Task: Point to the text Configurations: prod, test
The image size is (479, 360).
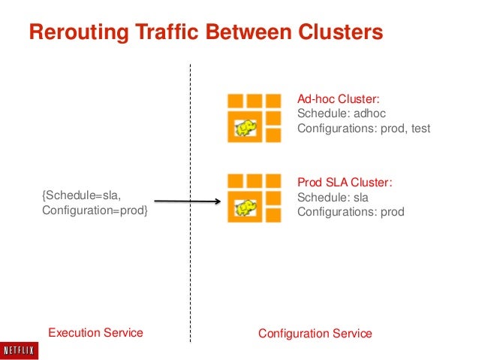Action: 364,129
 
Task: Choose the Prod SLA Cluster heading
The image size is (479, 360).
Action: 345,183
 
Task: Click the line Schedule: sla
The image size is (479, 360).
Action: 333,197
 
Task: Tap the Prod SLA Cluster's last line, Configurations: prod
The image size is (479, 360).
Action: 351,212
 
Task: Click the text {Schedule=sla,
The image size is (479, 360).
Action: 80,195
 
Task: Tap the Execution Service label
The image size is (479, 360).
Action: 95,332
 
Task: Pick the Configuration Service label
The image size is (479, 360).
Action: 315,333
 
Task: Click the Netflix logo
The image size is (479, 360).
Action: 21,349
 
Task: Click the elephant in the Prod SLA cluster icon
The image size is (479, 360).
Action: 244,208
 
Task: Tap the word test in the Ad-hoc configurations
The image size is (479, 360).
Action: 420,129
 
